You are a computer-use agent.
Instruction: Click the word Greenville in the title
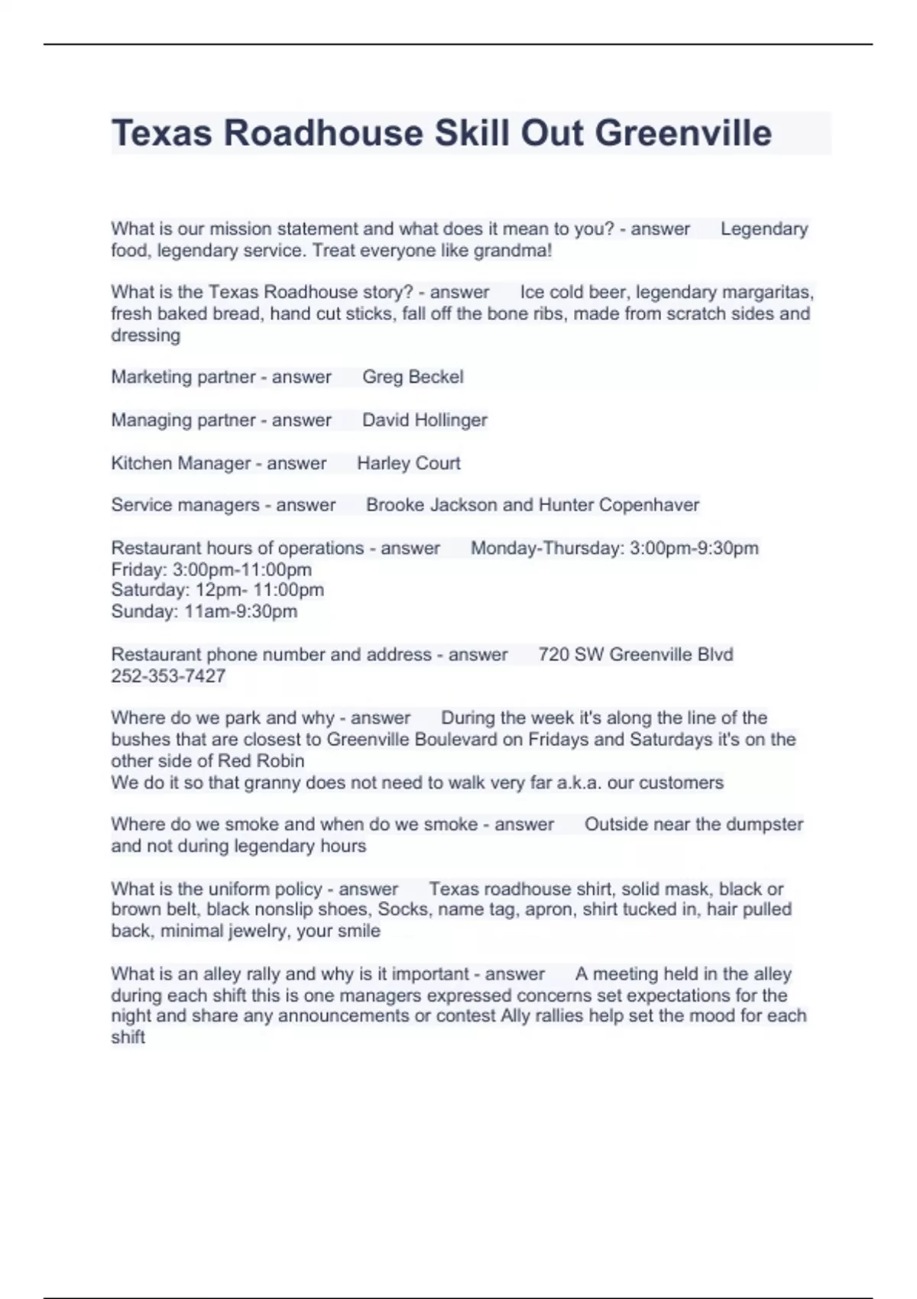click(683, 133)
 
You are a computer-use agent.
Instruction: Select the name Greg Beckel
click(413, 377)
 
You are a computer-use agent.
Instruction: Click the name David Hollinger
click(424, 420)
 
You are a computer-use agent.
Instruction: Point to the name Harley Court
click(408, 463)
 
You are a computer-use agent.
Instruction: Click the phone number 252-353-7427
click(168, 676)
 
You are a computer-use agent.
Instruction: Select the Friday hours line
click(211, 569)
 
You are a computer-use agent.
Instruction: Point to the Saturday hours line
click(217, 590)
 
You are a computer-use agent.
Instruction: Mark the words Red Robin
click(261, 761)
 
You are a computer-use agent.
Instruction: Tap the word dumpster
click(764, 824)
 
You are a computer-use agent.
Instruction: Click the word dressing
click(145, 335)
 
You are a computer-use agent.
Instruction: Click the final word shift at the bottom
click(128, 1038)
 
